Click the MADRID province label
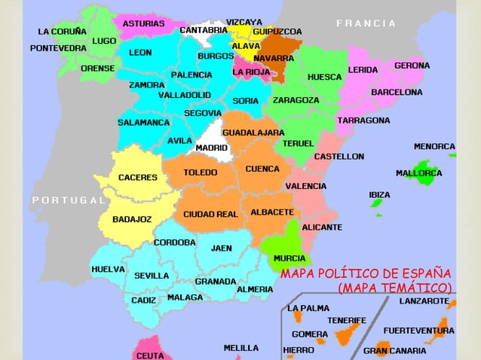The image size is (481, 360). pyautogui.click(x=211, y=148)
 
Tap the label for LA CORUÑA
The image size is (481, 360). pyautogui.click(x=61, y=32)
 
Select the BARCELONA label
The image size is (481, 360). pyautogui.click(x=396, y=92)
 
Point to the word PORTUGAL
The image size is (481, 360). pyautogui.click(x=68, y=200)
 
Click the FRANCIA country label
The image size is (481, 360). pyautogui.click(x=366, y=23)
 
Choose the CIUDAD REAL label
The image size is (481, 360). pyautogui.click(x=210, y=214)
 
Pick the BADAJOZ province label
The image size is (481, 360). pyautogui.click(x=132, y=219)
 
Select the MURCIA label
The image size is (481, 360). pyautogui.click(x=290, y=258)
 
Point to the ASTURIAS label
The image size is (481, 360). pyautogui.click(x=143, y=23)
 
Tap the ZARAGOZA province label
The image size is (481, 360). pyautogui.click(x=296, y=99)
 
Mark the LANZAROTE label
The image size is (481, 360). pyautogui.click(x=424, y=301)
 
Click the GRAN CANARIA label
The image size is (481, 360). pyautogui.click(x=396, y=350)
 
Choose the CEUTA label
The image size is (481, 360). pyautogui.click(x=149, y=355)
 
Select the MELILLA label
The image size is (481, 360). pyautogui.click(x=240, y=348)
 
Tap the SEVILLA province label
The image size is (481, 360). pyautogui.click(x=152, y=276)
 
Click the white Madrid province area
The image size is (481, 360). pyautogui.click(x=212, y=132)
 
